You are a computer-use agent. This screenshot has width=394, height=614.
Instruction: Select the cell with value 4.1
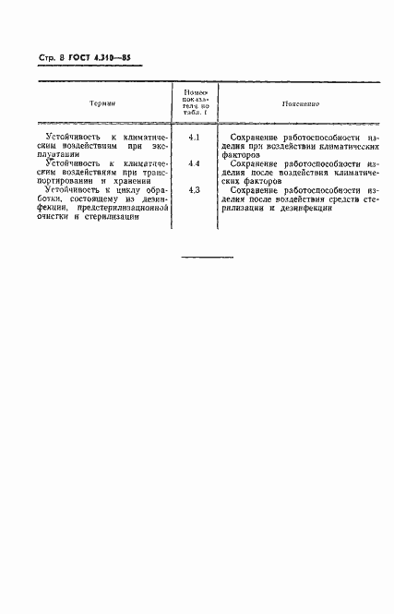[x=195, y=137]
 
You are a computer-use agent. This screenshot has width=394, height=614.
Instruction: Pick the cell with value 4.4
[x=195, y=163]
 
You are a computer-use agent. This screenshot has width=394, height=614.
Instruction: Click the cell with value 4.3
[x=195, y=190]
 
